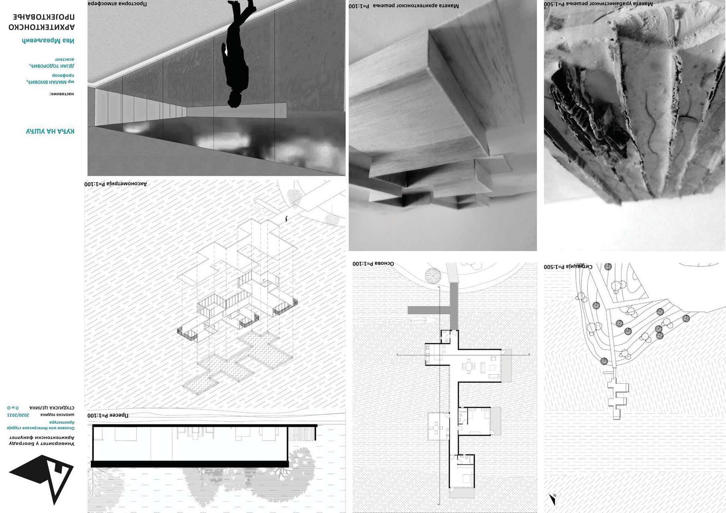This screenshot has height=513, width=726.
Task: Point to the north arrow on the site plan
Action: coord(552,499)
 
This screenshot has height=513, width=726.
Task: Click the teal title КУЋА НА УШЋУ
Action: coord(50,131)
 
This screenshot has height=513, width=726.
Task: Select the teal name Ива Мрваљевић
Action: coord(48,40)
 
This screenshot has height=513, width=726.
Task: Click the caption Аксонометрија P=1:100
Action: coord(116,184)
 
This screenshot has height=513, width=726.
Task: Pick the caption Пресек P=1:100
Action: coord(108,415)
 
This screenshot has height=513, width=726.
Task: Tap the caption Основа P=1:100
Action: coord(373,264)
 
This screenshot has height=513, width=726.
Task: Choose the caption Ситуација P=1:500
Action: coord(568,267)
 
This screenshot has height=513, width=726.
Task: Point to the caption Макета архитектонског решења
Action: coord(404,6)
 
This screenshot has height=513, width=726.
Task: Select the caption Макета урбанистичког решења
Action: coord(598,4)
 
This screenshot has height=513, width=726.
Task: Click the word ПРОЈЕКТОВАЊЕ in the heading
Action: coord(44,17)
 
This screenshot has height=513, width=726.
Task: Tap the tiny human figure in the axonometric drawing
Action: coord(286,218)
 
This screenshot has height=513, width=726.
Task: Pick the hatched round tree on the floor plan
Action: coord(432,275)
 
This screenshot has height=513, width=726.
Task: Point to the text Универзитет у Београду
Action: coord(42,444)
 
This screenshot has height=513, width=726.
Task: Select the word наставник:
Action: coord(62,94)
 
